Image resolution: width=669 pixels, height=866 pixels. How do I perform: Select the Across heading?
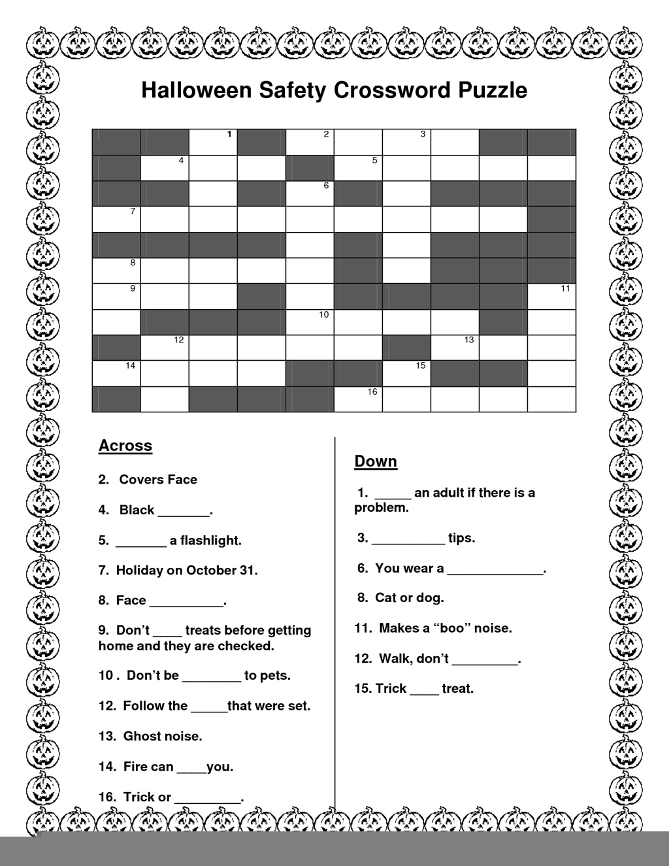coord(125,446)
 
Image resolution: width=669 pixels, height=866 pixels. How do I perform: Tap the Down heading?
coord(376,461)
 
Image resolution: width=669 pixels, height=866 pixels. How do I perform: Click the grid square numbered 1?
coord(213,142)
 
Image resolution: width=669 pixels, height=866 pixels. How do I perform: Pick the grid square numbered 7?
coord(116,219)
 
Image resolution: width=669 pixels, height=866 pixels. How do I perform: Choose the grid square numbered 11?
coord(551,296)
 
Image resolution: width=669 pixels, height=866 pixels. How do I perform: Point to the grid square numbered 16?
coord(358,399)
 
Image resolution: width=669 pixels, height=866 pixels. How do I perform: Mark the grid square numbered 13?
coord(455,347)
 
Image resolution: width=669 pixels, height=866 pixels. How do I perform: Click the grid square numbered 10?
coord(310,322)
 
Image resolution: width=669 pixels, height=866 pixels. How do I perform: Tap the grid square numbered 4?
coord(165,168)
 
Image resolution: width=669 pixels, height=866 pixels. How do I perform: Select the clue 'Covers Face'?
coord(158,480)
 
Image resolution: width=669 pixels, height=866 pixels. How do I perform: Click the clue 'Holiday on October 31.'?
coord(186,571)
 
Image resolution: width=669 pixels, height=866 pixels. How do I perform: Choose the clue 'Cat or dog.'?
coord(409,598)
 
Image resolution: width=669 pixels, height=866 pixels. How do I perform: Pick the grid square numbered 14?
coord(116,373)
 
